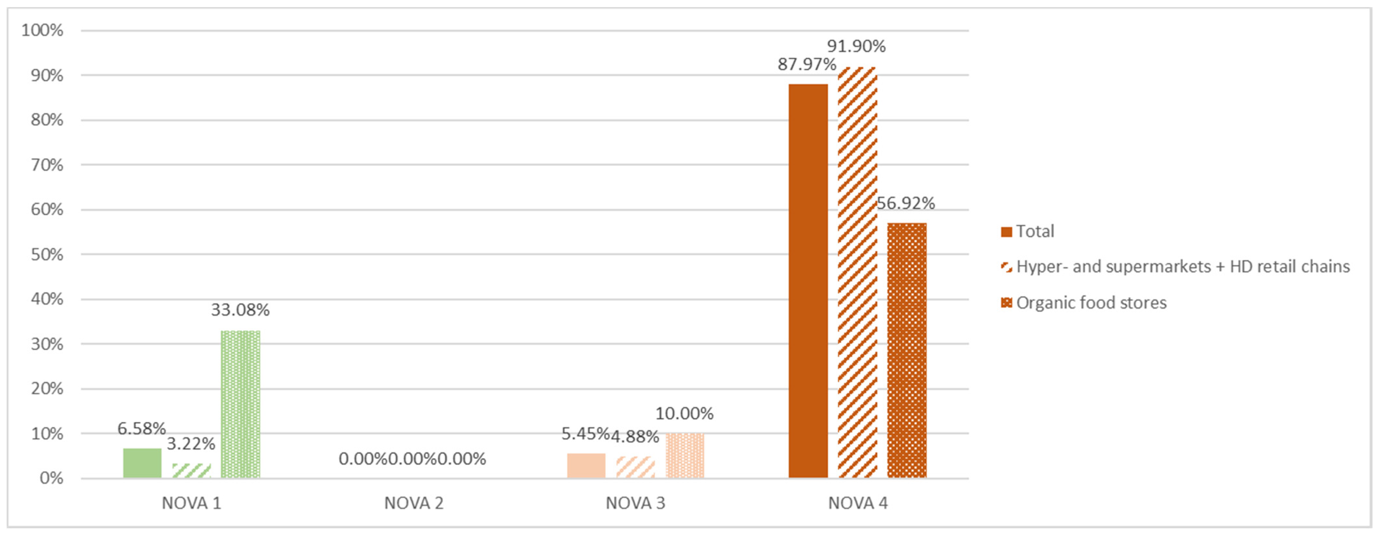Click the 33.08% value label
tap(240, 310)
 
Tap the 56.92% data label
tap(906, 203)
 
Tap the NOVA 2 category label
tap(414, 503)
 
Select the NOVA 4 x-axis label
tap(857, 503)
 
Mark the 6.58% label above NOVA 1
tap(142, 428)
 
